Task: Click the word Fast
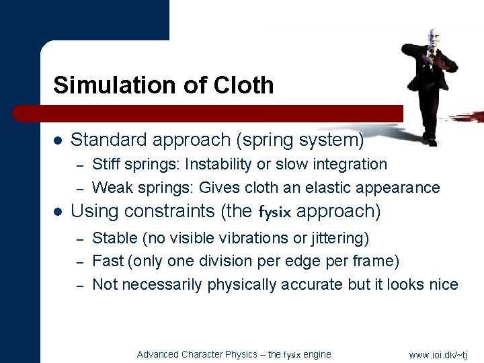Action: coord(107,261)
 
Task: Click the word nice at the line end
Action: coord(444,284)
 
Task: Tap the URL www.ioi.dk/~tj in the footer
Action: coord(438,354)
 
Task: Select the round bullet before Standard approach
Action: coord(58,141)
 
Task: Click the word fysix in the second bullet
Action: coord(275,212)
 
